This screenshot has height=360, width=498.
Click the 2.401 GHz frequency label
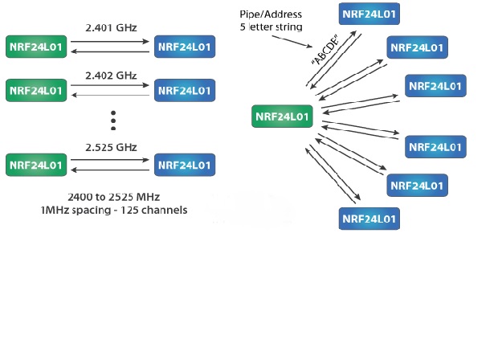pyautogui.click(x=111, y=26)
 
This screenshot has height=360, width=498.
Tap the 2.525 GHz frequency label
pyautogui.click(x=111, y=147)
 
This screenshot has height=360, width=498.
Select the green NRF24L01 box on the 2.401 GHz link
pyautogui.click(x=36, y=46)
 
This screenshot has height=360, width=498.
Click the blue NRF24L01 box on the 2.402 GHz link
pyautogui.click(x=184, y=88)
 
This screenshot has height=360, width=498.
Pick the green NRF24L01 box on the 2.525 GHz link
pyautogui.click(x=36, y=165)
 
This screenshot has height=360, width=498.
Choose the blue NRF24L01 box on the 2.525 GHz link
pyautogui.click(x=184, y=165)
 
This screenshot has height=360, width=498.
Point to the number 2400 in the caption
pyautogui.click(x=81, y=197)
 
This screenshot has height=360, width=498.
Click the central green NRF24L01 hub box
pyautogui.click(x=282, y=117)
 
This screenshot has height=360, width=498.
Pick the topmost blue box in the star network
pyautogui.click(x=369, y=14)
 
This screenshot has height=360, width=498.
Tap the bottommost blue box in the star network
pyautogui.click(x=369, y=218)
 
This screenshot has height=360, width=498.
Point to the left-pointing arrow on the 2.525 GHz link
pyautogui.click(x=111, y=171)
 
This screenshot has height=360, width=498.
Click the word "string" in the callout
pyautogui.click(x=286, y=27)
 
